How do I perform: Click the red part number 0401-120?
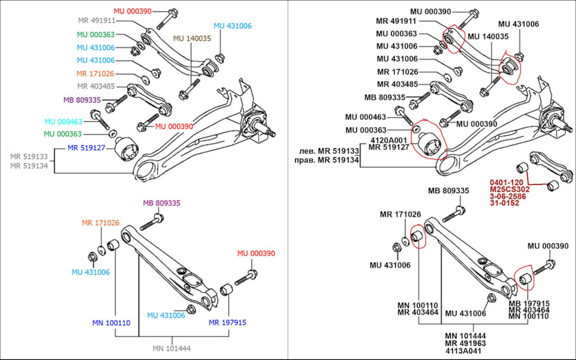tap(507, 181)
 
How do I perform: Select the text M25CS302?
tap(510, 189)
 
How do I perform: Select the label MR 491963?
tap(466, 343)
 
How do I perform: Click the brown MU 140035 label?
tap(193, 38)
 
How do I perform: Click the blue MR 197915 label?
tap(227, 323)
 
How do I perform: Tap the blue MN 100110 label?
tap(112, 323)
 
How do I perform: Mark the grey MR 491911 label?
tap(97, 20)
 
